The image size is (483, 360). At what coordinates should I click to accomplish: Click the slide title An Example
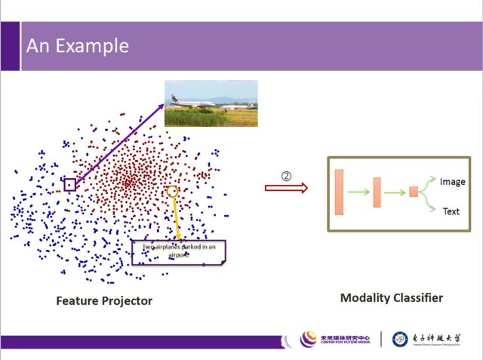pyautogui.click(x=78, y=46)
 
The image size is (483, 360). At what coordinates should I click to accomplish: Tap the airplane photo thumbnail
pyautogui.click(x=211, y=103)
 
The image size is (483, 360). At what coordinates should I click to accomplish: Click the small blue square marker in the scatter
pyautogui.click(x=69, y=184)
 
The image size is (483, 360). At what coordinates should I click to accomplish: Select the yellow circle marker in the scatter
pyautogui.click(x=172, y=192)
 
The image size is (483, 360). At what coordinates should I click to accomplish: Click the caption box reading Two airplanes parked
pyautogui.click(x=179, y=251)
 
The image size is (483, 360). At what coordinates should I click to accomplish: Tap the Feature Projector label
pyautogui.click(x=104, y=301)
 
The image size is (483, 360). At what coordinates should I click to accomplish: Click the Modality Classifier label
pyautogui.click(x=392, y=298)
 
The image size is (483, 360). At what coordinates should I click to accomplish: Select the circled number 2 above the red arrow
pyautogui.click(x=287, y=175)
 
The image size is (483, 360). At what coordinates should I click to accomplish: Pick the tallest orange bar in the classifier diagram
pyautogui.click(x=339, y=192)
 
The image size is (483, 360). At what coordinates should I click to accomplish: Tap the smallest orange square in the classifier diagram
pyautogui.click(x=414, y=192)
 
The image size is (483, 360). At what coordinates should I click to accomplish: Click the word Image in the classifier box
pyautogui.click(x=453, y=181)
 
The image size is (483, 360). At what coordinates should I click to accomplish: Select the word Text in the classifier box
pyautogui.click(x=451, y=211)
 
